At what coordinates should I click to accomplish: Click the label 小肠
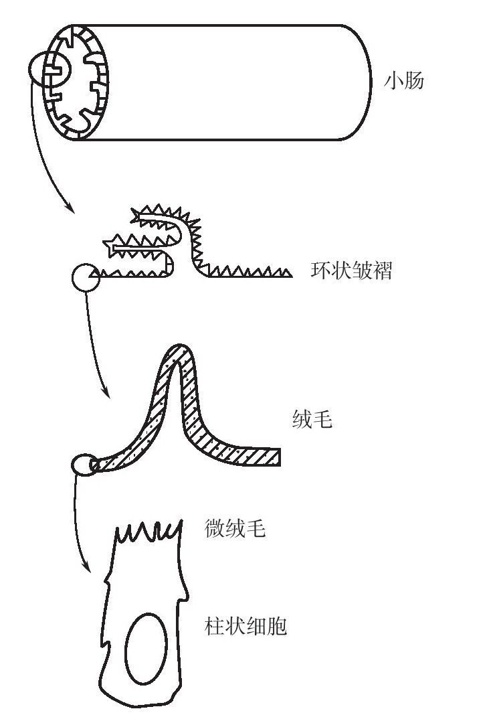pyautogui.click(x=403, y=82)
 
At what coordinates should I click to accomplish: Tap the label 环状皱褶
pyautogui.click(x=351, y=271)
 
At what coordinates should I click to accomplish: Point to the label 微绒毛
pyautogui.click(x=235, y=530)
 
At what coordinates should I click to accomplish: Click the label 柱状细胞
pyautogui.click(x=246, y=627)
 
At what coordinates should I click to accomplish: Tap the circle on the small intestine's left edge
pyautogui.click(x=46, y=68)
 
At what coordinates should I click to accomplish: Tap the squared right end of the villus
pyautogui.click(x=277, y=457)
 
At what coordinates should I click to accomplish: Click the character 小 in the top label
pyautogui.click(x=393, y=82)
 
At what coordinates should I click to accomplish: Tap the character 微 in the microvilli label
pyautogui.click(x=214, y=530)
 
